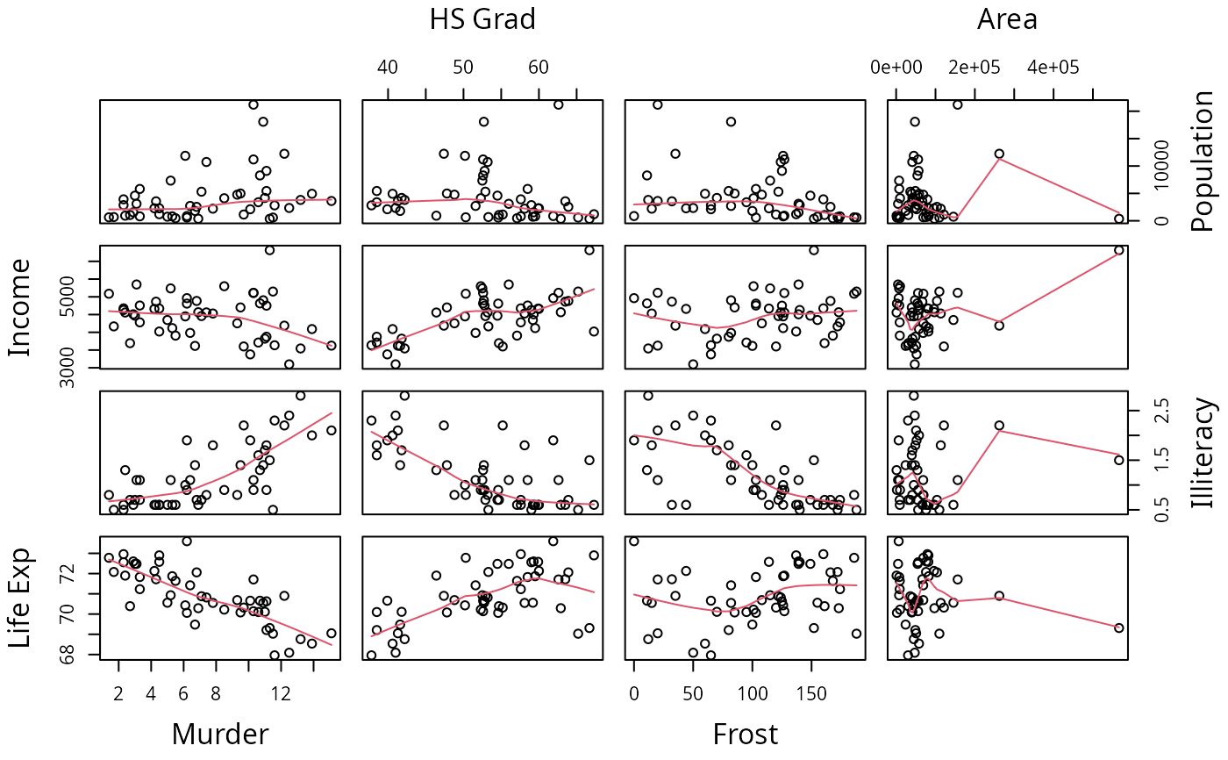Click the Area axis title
click(x=1007, y=18)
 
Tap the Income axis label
click(x=20, y=307)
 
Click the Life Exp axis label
click(x=20, y=599)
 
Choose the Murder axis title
click(x=220, y=734)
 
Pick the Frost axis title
click(x=745, y=734)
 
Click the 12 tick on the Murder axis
click(x=281, y=693)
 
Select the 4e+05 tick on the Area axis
click(x=1053, y=68)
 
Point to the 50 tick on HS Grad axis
click(x=462, y=68)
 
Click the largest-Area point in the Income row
click(x=1118, y=250)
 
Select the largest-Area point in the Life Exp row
click(x=1118, y=627)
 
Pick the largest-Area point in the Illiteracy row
click(x=1118, y=460)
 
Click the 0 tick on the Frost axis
click(x=634, y=693)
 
